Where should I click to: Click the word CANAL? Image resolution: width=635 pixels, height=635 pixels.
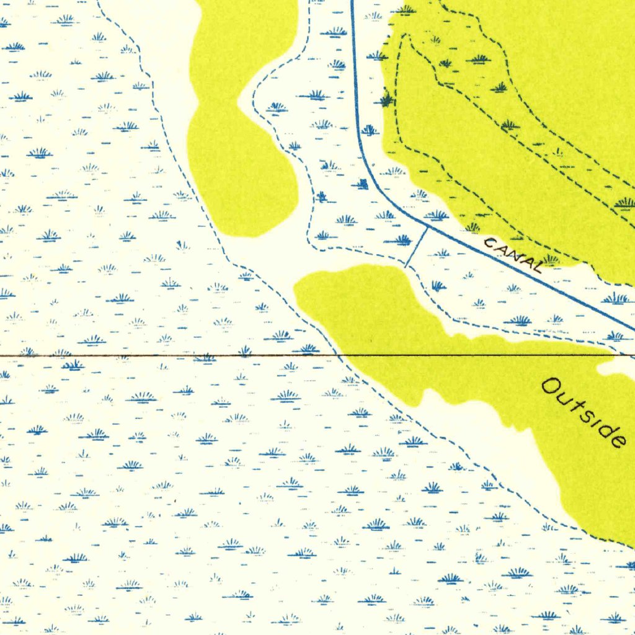pyautogui.click(x=513, y=255)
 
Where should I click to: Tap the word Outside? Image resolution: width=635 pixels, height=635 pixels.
pyautogui.click(x=583, y=412)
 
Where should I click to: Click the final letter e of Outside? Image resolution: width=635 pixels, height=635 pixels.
pyautogui.click(x=616, y=440)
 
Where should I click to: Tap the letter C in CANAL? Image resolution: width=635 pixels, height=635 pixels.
pyautogui.click(x=489, y=242)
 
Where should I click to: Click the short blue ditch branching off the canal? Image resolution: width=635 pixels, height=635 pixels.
pyautogui.click(x=417, y=247)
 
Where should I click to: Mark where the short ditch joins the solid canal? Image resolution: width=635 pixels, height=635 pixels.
pyautogui.click(x=427, y=227)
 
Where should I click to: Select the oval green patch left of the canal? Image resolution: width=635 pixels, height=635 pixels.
pyautogui.click(x=242, y=167)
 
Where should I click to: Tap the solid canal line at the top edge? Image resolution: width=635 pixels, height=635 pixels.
pyautogui.click(x=352, y=2)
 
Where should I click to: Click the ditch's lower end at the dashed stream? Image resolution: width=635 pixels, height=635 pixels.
pyautogui.click(x=407, y=266)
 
